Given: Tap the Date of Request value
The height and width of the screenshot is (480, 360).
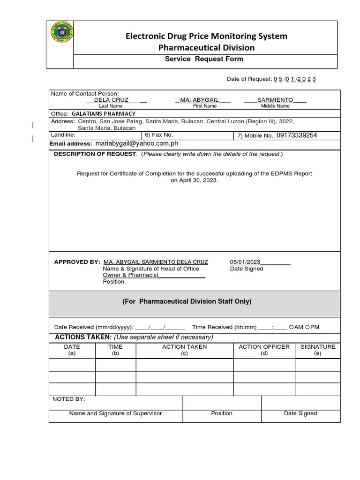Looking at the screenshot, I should pos(295,79).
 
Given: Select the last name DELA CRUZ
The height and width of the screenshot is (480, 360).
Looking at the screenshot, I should pos(111,100).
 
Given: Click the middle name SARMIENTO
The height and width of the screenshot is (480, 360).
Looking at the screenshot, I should pos(275,100).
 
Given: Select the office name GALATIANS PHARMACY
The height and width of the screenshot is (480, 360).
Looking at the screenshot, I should pos(104,114).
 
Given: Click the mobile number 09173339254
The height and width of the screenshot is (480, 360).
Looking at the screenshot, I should pos(297,135).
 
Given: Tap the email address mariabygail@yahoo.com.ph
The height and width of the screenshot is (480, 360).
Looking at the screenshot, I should pos(136,144).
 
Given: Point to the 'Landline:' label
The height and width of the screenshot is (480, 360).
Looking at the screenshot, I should pos(63,135).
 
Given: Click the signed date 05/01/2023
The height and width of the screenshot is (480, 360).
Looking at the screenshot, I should pos(245,262).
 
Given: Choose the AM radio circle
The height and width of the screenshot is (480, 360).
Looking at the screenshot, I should pos(292,327).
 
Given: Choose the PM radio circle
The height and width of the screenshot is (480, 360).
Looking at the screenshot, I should pos(307,327).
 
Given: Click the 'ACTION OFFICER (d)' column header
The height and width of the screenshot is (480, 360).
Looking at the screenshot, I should pos(264,350).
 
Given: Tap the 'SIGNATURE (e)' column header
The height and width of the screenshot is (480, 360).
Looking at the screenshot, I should pos(318,350).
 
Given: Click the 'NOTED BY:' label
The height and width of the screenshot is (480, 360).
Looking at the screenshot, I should pos(69,399).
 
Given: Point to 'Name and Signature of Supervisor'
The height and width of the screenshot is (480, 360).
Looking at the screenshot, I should pos(115,413).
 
